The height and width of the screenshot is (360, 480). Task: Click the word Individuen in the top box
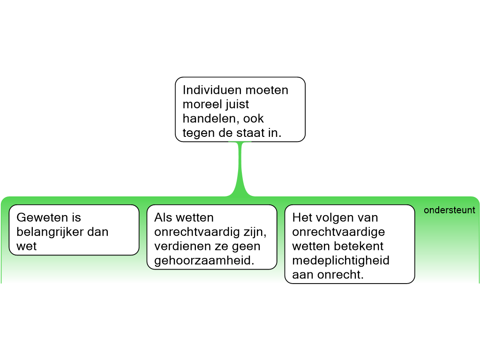(x=212, y=90)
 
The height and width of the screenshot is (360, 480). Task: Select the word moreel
(x=201, y=105)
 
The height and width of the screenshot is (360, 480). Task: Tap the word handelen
(x=211, y=119)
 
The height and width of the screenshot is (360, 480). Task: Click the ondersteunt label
(x=450, y=210)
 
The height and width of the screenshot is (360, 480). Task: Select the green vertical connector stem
(x=240, y=169)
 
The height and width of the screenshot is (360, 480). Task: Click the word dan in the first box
(x=98, y=232)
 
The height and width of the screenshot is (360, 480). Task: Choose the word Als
(x=163, y=217)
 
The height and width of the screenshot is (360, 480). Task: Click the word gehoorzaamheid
(x=204, y=261)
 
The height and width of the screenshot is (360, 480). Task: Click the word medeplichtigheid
(x=341, y=261)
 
